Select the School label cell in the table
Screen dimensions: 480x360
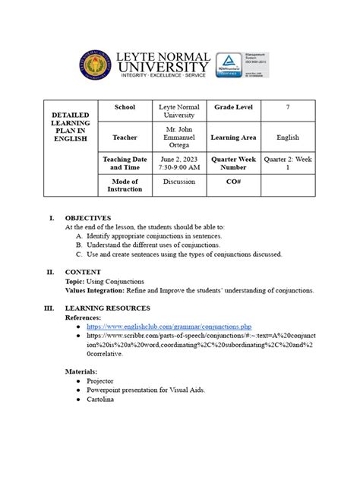point(125,108)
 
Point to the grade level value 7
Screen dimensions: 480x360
point(288,108)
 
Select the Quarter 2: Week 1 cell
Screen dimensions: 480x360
point(288,163)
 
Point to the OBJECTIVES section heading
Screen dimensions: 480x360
point(88,217)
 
